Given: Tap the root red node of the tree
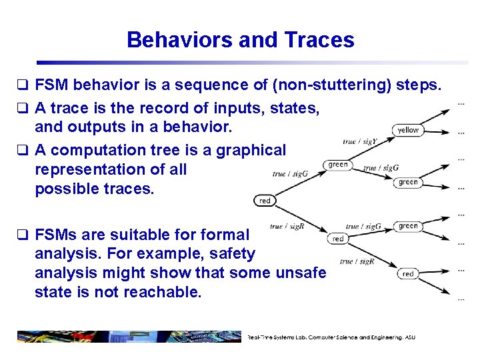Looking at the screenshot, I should (265, 201).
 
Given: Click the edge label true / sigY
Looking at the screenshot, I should (360, 141).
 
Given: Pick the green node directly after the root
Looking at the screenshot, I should (338, 165).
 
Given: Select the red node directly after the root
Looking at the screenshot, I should (338, 239).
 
